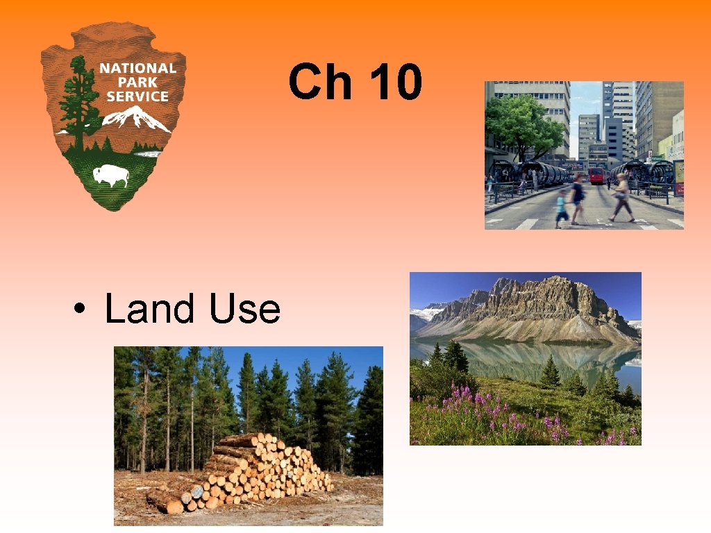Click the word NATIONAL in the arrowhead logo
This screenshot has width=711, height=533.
point(137,68)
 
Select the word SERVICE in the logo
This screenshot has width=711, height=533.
point(137,96)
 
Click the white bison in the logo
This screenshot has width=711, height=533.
point(112,176)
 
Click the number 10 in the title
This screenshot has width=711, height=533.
point(395,81)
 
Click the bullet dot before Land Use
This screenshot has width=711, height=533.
point(81,310)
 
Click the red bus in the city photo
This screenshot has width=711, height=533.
point(596,175)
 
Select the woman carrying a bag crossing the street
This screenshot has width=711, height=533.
point(621,197)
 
